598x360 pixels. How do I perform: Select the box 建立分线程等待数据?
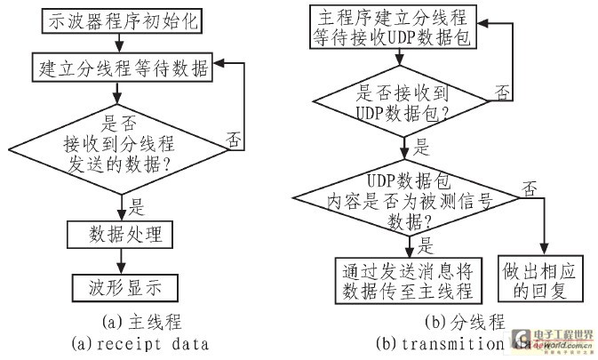122,67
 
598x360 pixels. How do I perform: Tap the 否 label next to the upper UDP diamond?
502,91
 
